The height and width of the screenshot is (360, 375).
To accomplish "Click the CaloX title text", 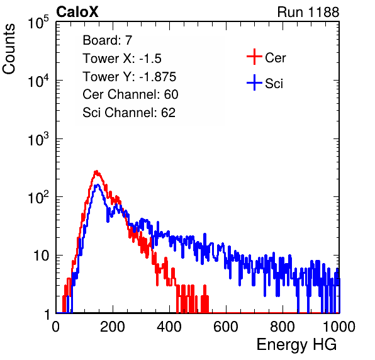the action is [x=77, y=12].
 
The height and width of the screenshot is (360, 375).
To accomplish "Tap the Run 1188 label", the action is [x=308, y=12].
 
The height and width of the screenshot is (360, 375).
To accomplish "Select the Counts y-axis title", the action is [x=9, y=49].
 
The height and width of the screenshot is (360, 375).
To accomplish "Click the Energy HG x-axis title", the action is [x=296, y=345].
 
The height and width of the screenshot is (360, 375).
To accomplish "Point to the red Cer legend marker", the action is [x=254, y=57].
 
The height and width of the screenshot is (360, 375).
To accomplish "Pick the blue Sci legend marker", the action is [x=254, y=82].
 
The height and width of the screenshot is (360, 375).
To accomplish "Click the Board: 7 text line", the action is [x=108, y=40].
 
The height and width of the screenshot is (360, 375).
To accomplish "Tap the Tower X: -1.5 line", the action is [x=122, y=59].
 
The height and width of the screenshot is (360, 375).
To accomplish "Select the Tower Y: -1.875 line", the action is [x=130, y=77].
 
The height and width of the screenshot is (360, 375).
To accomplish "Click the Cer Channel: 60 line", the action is [x=130, y=94].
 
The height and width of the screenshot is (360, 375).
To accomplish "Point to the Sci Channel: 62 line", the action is [x=129, y=113].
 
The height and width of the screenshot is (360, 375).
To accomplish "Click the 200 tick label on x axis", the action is [x=113, y=327].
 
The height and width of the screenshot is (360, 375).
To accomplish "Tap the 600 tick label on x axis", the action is [x=226, y=327].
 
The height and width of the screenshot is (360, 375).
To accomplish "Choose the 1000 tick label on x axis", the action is [x=339, y=327].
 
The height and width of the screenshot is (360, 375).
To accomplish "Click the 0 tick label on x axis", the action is [x=56, y=327].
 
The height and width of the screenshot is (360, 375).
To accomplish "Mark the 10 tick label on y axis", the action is [x=42, y=256].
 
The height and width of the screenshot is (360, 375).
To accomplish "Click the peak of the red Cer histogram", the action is [x=96, y=171].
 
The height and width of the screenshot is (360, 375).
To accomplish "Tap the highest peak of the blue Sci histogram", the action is [x=98, y=184].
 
